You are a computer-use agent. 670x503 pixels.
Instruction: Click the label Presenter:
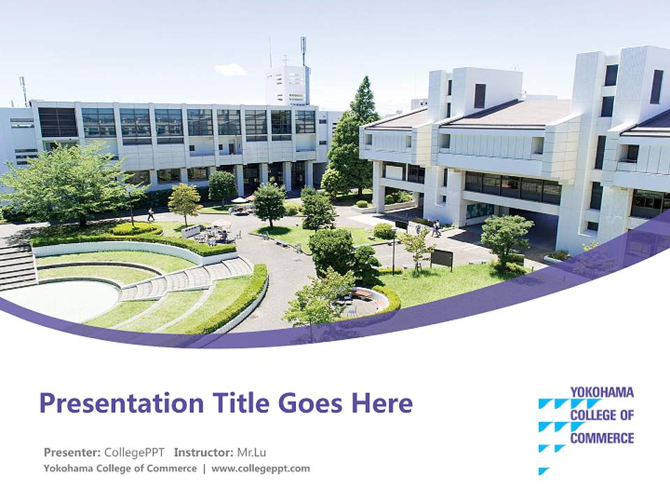point(73,452)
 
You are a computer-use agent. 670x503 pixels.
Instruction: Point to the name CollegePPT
point(135,452)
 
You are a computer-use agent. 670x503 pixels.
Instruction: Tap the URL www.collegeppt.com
point(260,468)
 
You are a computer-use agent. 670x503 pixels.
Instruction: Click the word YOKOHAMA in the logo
point(602,393)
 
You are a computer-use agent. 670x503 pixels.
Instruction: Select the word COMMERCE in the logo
point(602,439)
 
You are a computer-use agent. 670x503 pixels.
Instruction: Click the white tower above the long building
point(287,85)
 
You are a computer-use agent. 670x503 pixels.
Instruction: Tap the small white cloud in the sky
point(231,69)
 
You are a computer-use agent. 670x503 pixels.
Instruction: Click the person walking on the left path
point(150,214)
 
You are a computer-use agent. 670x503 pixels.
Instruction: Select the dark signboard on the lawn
point(441,258)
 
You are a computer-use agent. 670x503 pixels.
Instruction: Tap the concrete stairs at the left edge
point(17,266)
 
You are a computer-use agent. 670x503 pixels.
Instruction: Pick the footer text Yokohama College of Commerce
point(120,468)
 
